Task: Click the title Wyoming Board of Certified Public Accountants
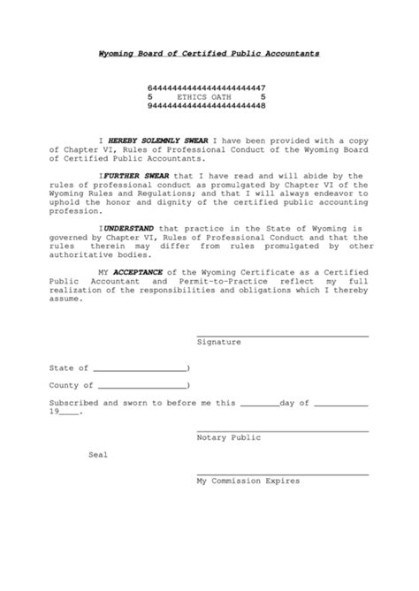(209, 54)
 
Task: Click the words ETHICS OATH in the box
(209, 96)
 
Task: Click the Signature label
(218, 340)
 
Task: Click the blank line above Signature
(283, 335)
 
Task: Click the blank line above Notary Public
(283, 431)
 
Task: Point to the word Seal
(97, 455)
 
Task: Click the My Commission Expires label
(248, 481)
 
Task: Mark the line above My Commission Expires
(283, 475)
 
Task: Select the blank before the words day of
(259, 405)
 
